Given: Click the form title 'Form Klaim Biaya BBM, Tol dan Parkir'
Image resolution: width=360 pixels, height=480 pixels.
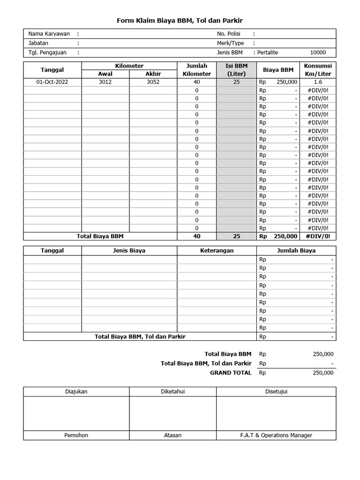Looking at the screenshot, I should tap(180, 21).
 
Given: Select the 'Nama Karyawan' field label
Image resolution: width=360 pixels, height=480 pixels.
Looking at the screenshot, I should tap(49, 34).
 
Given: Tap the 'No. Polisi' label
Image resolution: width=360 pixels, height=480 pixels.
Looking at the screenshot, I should tap(228, 34).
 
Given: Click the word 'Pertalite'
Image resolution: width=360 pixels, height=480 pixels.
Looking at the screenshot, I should tap(268, 52).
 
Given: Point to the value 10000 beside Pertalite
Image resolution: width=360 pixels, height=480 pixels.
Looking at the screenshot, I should tap(318, 52).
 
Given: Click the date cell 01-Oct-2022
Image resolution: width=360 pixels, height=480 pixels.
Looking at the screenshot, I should tap(52, 82).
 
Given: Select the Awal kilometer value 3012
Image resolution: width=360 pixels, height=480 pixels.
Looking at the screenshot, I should tap(105, 82).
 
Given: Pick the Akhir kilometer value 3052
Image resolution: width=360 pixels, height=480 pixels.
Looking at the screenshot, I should tap(153, 82).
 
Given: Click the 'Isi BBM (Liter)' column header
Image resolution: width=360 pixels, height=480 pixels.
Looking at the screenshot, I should tap(236, 70).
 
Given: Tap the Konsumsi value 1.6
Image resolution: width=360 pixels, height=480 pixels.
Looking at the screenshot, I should tap(318, 82).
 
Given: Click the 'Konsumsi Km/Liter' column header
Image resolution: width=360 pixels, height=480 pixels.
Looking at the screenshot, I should tap(318, 70).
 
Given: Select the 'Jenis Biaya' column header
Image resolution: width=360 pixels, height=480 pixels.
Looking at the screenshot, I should tap(129, 250).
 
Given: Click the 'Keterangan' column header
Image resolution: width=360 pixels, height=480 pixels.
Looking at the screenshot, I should tap(217, 250).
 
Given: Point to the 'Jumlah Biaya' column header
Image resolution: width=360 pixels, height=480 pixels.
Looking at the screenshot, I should tap(296, 250).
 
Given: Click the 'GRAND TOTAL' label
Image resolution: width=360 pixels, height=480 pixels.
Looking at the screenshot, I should tap(231, 373).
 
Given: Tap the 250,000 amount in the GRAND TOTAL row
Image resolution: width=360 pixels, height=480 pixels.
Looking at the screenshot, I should tap(323, 373).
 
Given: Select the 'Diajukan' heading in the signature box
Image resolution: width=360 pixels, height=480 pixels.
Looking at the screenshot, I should tap(76, 391).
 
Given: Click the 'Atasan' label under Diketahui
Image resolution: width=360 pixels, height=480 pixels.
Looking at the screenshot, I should tap(172, 435).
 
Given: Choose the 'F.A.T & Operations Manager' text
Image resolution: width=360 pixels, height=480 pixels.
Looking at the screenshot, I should tap(276, 435).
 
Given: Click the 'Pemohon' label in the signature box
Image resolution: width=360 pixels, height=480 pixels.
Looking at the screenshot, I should tap(76, 435).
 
